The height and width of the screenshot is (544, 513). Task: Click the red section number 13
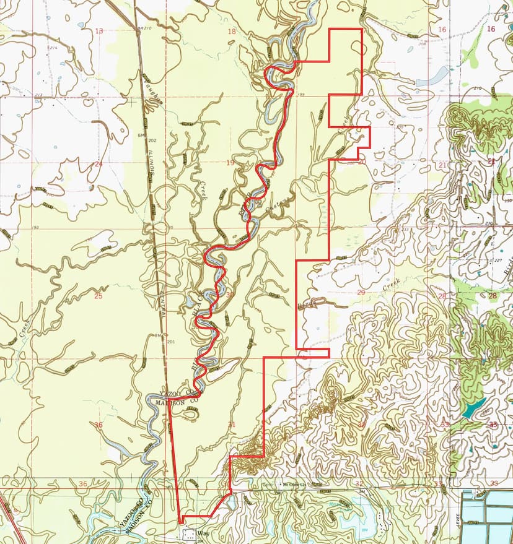(99, 31)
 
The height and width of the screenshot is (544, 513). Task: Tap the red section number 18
(232, 32)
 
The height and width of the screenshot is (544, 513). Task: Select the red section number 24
(98, 164)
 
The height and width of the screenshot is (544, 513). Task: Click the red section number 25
(98, 296)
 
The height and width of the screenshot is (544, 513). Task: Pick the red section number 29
(361, 292)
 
